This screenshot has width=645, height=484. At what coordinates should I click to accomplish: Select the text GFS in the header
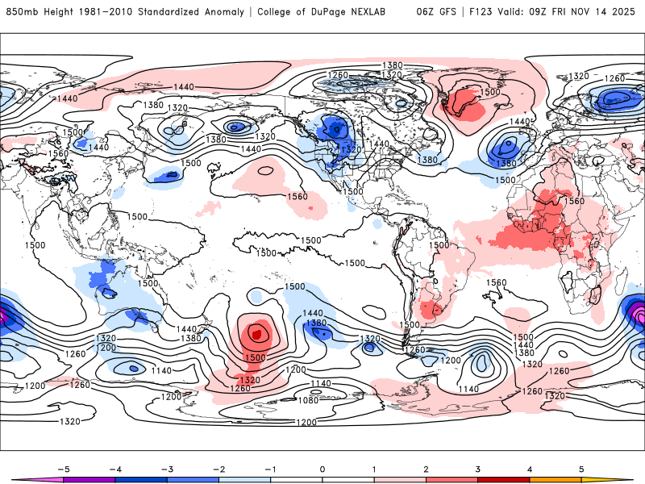[x=449, y=12]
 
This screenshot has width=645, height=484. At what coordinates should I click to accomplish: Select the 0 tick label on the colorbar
[x=322, y=469]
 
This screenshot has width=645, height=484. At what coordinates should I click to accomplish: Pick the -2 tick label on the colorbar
[x=218, y=469]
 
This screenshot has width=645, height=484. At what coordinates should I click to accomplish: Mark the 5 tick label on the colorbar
[x=580, y=469]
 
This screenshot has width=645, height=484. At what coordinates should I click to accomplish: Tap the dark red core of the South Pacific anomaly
[x=256, y=332]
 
